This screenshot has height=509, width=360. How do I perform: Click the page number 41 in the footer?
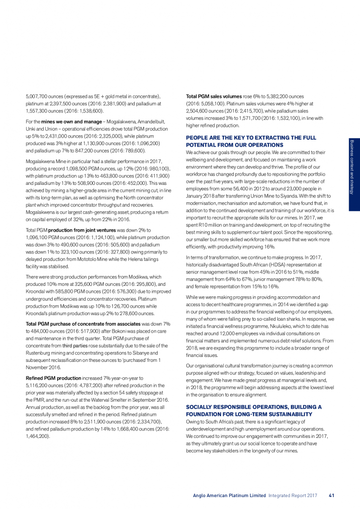(x=331, y=495)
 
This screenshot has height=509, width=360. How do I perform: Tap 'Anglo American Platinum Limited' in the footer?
(x=229, y=495)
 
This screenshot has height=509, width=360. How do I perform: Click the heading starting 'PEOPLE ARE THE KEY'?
(x=251, y=141)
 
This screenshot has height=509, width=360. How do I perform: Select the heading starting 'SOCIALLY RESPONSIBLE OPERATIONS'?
(x=254, y=410)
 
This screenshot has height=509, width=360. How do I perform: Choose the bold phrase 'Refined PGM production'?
(x=52, y=378)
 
